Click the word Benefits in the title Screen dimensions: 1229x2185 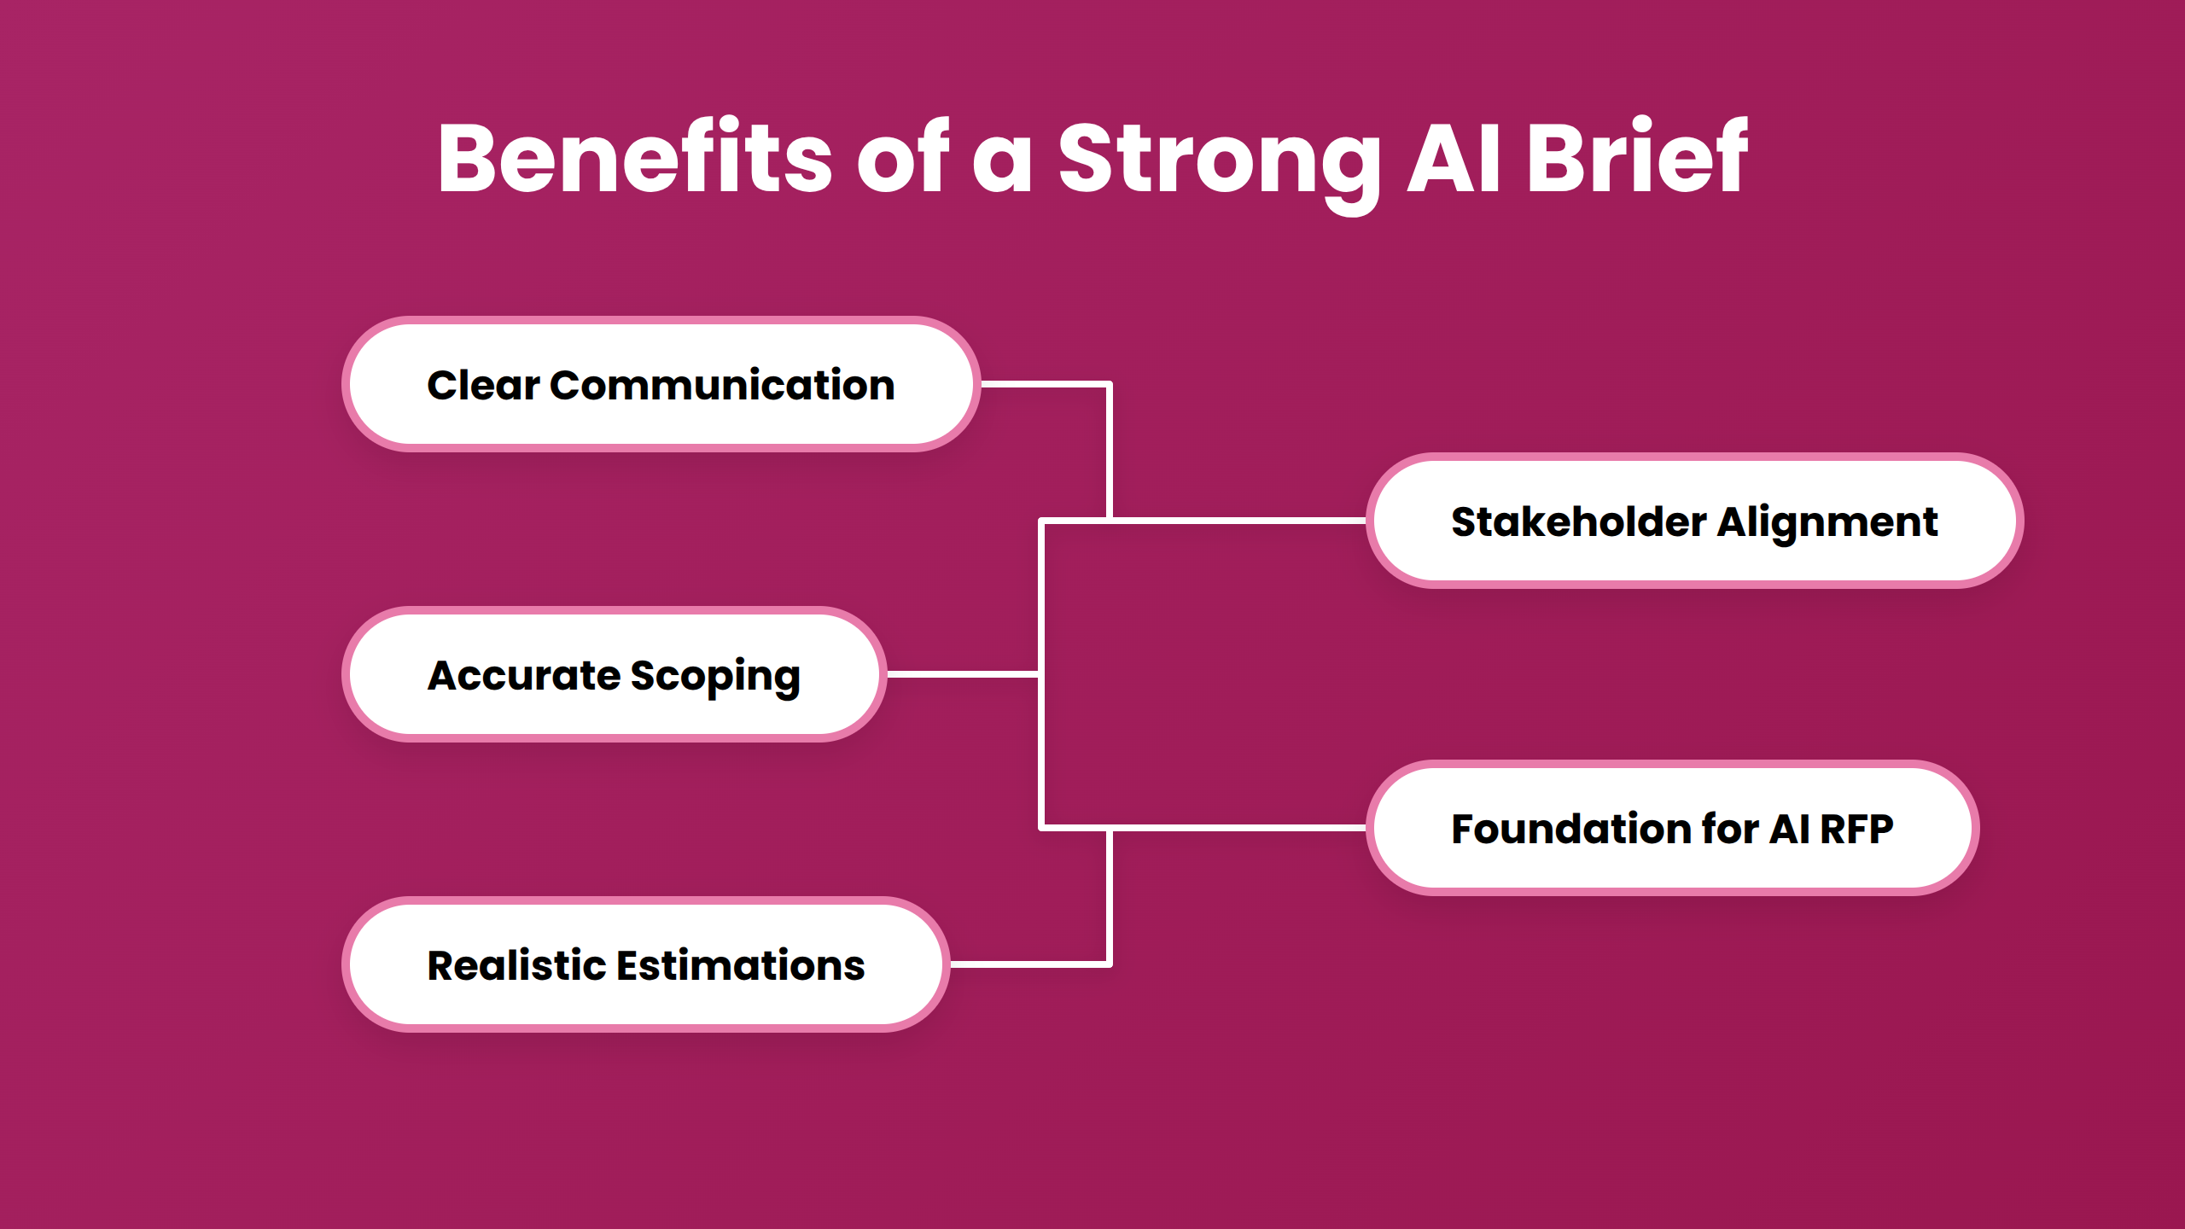pyautogui.click(x=634, y=158)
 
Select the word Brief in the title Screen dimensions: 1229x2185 pyautogui.click(x=1636, y=158)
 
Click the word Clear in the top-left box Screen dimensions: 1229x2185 pyautogui.click(x=483, y=385)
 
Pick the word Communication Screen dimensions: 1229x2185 pyautogui.click(x=722, y=385)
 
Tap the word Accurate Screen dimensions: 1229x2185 pyautogui.click(x=523, y=675)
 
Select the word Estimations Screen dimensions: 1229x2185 pyautogui.click(x=740, y=965)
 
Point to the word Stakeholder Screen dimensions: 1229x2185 pyautogui.click(x=1578, y=521)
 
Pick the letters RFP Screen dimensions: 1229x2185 pyautogui.click(x=1856, y=829)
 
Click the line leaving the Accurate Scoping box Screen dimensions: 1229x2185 pyautogui.click(x=963, y=674)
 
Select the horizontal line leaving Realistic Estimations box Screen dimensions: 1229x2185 pyautogui.click(x=1028, y=964)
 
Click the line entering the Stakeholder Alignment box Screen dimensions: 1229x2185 pyautogui.click(x=1238, y=520)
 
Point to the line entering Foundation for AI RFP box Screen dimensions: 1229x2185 pyautogui.click(x=1238, y=828)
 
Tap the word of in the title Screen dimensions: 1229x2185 pyautogui.click(x=902, y=158)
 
